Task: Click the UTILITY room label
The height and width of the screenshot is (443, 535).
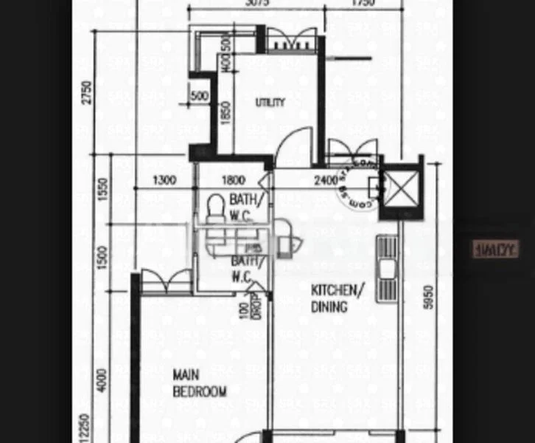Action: (270, 103)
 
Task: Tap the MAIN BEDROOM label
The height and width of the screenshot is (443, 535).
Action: (199, 383)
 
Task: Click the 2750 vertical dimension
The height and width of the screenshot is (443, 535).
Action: (88, 92)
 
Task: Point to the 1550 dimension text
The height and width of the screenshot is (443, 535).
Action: (103, 190)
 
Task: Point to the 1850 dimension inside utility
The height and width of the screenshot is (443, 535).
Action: (225, 114)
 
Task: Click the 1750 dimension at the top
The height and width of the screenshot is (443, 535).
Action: (362, 3)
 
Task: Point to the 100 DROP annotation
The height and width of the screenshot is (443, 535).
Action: (251, 304)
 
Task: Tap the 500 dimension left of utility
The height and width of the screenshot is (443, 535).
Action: (199, 96)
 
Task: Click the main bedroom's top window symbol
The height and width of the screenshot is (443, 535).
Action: (166, 281)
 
